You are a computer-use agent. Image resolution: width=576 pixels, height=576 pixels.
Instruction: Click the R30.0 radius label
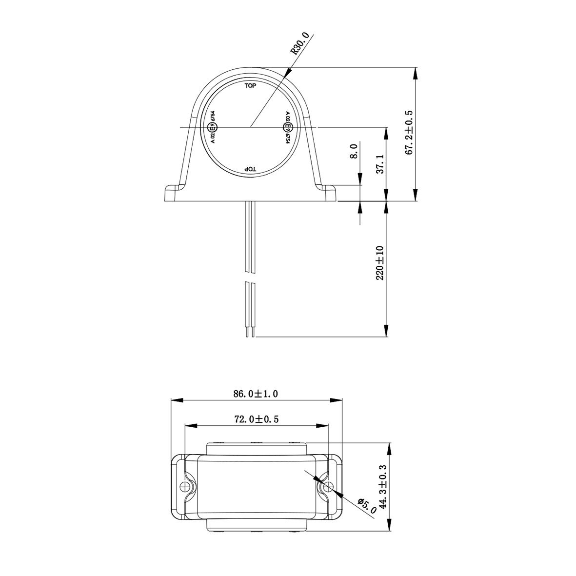(300, 44)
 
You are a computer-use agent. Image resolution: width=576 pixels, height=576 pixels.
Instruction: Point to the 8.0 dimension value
(354, 151)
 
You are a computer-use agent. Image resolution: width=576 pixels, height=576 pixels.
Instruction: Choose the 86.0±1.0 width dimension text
(256, 394)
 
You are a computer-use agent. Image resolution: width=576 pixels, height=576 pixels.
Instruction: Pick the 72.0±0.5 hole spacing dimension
(256, 419)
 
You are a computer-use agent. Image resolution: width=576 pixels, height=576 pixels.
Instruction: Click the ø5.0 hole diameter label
(367, 506)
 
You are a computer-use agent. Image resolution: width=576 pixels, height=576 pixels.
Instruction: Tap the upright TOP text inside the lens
(250, 86)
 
